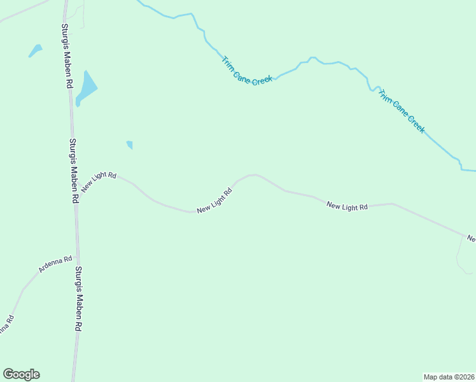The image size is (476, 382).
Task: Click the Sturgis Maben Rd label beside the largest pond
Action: click(x=66, y=56)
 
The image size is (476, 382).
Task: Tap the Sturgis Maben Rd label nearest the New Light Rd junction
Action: click(x=73, y=171)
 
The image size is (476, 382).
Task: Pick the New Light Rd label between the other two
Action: click(x=213, y=201)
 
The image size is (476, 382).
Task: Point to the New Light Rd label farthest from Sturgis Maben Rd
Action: click(x=347, y=206)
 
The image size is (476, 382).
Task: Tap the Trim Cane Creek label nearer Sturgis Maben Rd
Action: click(x=247, y=71)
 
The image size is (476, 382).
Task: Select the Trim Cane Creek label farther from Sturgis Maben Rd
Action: click(x=401, y=111)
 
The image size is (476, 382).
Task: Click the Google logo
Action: click(x=21, y=374)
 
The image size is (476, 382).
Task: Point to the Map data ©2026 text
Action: click(x=449, y=376)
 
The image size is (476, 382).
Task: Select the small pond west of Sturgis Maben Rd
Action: click(x=35, y=50)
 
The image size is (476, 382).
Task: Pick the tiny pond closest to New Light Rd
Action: click(x=130, y=145)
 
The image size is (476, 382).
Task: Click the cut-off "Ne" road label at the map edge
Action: click(x=471, y=239)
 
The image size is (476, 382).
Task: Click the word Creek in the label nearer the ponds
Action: click(x=262, y=81)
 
